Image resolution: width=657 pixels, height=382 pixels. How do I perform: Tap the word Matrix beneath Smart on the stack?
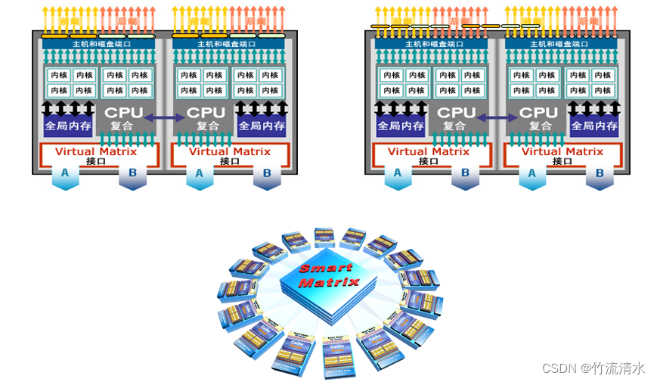(x=328, y=283)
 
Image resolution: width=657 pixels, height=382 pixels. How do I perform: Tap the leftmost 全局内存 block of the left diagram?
(x=67, y=126)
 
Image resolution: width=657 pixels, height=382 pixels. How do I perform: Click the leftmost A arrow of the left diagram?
(x=65, y=174)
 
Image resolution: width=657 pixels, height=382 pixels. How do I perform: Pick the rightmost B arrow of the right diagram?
(x=600, y=174)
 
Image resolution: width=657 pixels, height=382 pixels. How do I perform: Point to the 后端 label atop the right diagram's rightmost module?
(x=588, y=21)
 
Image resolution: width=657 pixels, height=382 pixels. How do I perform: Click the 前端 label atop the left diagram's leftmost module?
(x=72, y=21)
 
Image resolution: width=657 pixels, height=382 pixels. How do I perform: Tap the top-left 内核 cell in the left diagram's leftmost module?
(x=58, y=75)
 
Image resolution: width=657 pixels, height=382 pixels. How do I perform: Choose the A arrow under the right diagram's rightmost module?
(x=533, y=174)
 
